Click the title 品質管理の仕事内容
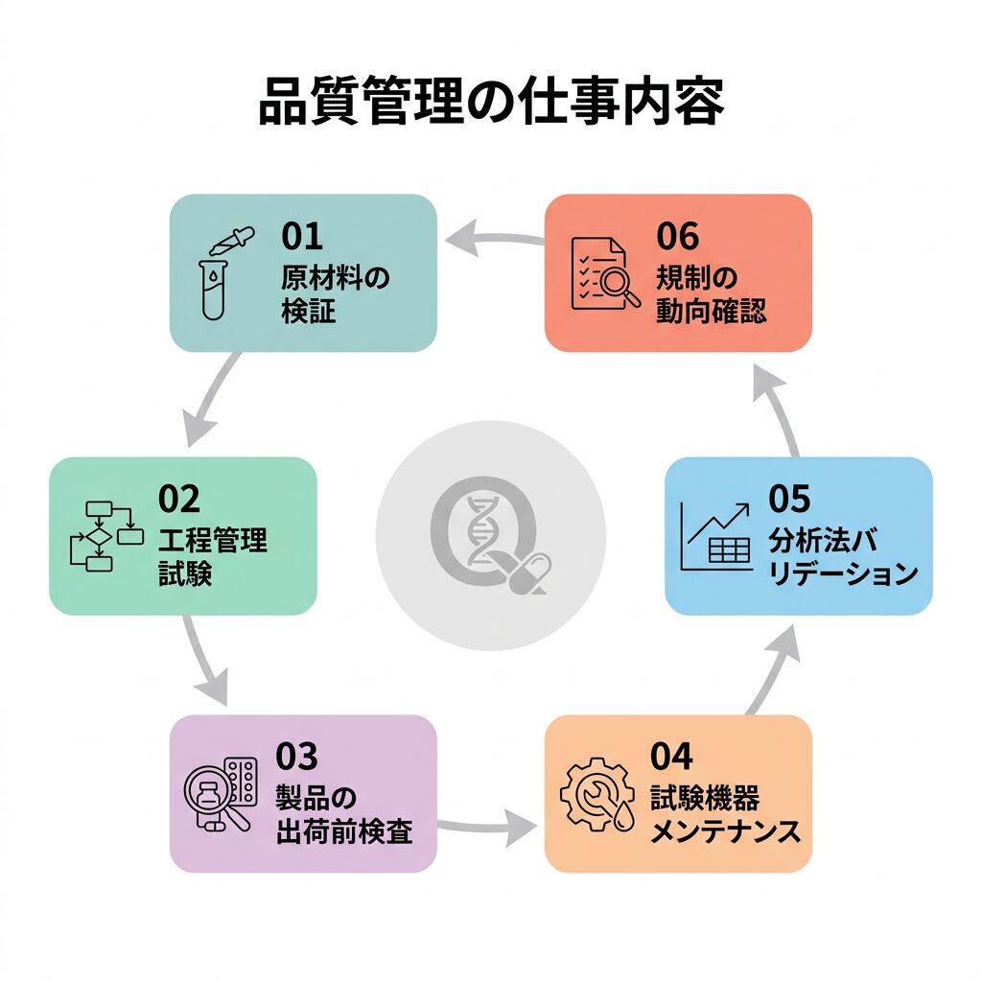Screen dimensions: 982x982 coord(491,100)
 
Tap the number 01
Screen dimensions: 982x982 coord(302,236)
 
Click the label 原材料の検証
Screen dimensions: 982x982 coord(335,294)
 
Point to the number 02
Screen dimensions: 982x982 coord(179,499)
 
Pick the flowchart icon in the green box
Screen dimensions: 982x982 coord(106,536)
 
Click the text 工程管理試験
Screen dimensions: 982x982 coord(213,557)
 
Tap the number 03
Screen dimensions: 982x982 coord(297,757)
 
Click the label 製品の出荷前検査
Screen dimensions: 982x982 coord(344,815)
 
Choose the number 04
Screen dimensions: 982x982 coord(671,757)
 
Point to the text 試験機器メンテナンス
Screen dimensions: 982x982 coord(726,815)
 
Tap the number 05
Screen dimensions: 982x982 coord(789,499)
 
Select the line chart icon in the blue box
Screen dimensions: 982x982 coord(715,536)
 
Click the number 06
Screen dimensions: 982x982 coord(678,236)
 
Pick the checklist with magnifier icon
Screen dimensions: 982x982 coord(606,273)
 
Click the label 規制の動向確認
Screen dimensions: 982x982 coord(712,294)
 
